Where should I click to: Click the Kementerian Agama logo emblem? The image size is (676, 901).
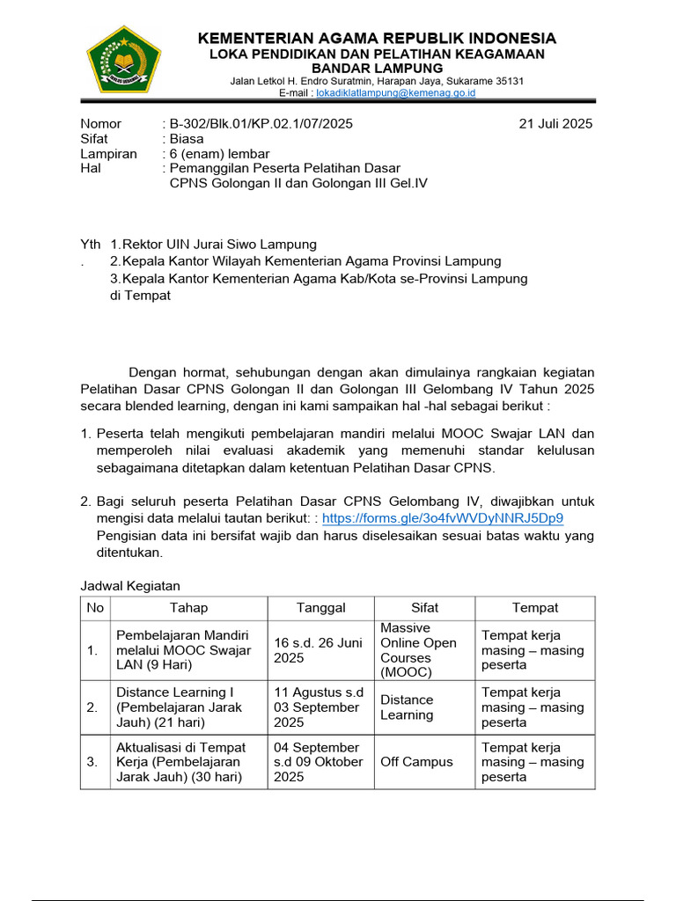[x=123, y=59]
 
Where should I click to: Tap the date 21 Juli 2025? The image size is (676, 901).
[x=556, y=123]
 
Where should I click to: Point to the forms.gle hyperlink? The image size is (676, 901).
[x=443, y=517]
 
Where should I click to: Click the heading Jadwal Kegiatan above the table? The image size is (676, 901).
[x=130, y=585]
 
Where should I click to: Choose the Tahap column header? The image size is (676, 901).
[x=188, y=608]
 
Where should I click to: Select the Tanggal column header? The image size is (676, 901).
[x=321, y=608]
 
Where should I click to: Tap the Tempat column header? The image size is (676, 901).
[x=535, y=608]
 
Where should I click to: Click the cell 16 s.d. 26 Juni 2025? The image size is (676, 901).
[x=318, y=650]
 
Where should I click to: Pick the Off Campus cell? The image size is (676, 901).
[x=416, y=761]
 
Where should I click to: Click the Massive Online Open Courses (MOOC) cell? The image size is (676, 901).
[x=418, y=650]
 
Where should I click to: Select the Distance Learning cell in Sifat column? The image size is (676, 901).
[x=407, y=707]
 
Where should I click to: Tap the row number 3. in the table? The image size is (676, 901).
[x=92, y=761]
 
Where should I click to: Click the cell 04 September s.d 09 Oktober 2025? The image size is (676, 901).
[x=318, y=761]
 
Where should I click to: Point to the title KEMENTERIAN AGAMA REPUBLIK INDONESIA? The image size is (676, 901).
[x=377, y=38]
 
